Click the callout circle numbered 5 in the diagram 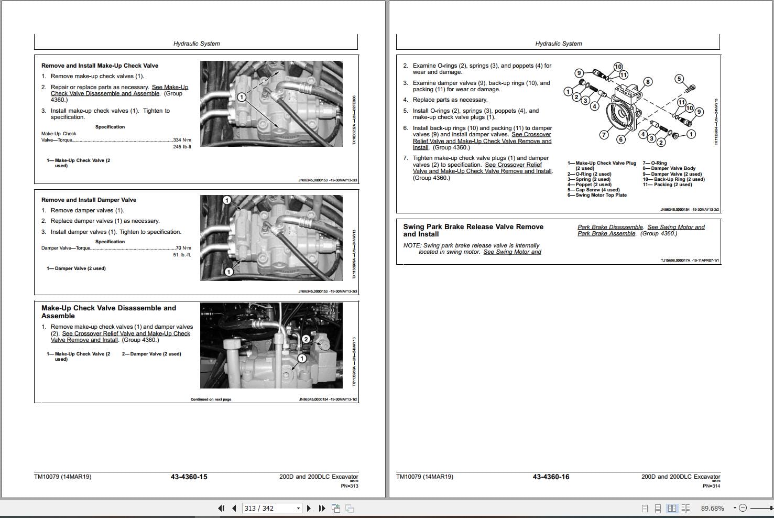tap(679, 79)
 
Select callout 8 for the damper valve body tap(648, 81)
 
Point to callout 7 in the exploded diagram tap(604, 135)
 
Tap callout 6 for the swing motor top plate tap(621, 139)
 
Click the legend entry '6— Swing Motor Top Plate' tap(597, 195)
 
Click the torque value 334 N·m tap(182, 140)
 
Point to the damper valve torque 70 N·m tap(183, 248)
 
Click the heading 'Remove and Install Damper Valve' tap(89, 200)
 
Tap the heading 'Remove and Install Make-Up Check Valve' tap(100, 66)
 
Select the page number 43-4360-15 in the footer tap(189, 477)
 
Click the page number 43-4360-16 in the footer tap(551, 477)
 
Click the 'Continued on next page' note tap(211, 400)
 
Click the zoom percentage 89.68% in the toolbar tap(712, 508)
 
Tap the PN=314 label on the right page tap(711, 485)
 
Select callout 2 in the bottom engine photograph tap(306, 339)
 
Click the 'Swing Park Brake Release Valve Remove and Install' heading tap(473, 230)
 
